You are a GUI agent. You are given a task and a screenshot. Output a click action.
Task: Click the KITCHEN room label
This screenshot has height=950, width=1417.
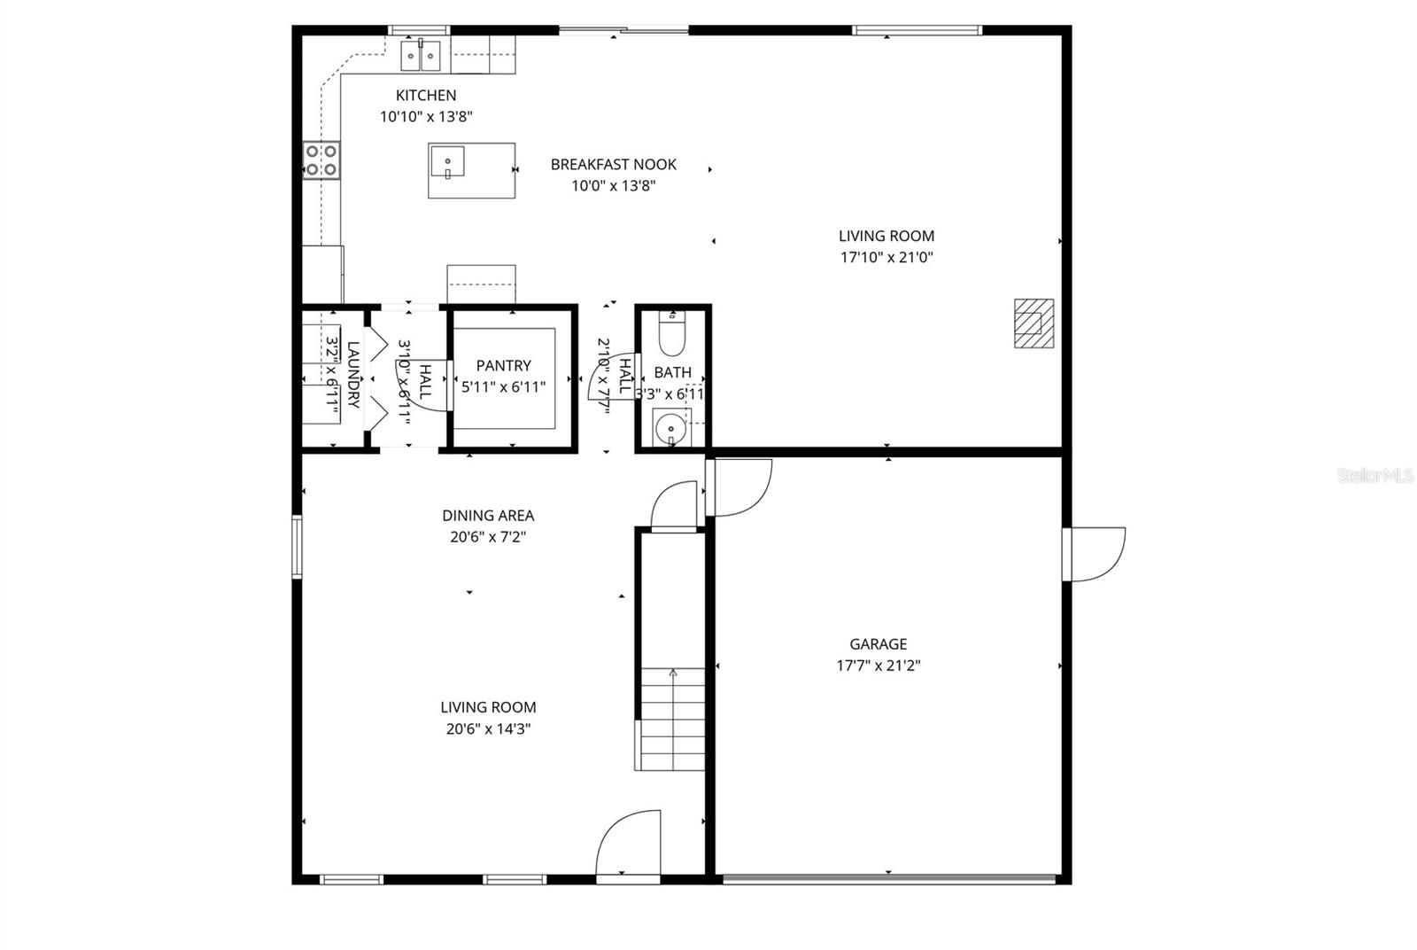click(x=425, y=96)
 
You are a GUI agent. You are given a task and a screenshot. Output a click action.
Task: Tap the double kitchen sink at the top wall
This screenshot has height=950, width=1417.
click(x=421, y=57)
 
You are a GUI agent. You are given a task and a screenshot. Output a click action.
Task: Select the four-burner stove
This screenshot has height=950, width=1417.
click(x=321, y=160)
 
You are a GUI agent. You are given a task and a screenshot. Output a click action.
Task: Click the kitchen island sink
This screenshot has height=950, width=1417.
click(x=448, y=162)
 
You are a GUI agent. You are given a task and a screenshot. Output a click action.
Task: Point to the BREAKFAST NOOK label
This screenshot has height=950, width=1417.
click(x=613, y=165)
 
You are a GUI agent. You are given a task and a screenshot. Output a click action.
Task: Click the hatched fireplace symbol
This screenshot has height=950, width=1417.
click(x=1034, y=323)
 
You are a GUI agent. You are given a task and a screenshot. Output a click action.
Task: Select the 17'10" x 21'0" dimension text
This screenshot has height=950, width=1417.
click(x=887, y=258)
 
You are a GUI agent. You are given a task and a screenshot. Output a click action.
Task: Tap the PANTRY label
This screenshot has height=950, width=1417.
click(x=503, y=365)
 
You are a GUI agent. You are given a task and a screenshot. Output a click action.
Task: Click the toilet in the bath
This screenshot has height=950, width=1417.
click(x=672, y=333)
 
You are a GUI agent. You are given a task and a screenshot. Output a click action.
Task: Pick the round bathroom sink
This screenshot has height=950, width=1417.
click(x=670, y=429)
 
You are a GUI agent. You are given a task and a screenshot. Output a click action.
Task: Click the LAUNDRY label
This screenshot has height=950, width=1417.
click(x=352, y=375)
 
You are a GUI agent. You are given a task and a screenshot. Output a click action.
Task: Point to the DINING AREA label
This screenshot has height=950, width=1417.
click(x=488, y=516)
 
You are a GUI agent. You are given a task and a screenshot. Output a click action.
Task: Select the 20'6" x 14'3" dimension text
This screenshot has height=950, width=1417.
click(x=488, y=729)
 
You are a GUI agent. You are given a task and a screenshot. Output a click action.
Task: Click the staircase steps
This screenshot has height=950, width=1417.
click(x=672, y=718)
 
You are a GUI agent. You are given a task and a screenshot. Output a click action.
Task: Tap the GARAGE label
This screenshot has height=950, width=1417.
click(x=878, y=644)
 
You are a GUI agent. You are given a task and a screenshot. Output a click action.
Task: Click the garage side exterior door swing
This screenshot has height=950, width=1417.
click(x=1096, y=554)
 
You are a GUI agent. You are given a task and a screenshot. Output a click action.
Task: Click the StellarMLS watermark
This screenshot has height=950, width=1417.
click(x=1374, y=476)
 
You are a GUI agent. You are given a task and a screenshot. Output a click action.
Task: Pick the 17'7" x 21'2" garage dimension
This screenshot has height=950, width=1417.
click(x=878, y=666)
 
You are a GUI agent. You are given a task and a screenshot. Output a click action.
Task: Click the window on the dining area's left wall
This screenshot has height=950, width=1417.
click(x=297, y=547)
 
